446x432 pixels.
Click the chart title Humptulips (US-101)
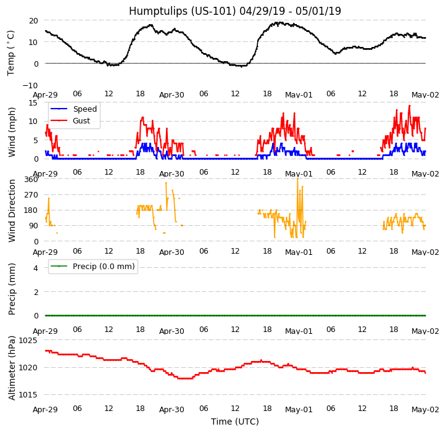pos(234,11)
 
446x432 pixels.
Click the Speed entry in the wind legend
pos(85,109)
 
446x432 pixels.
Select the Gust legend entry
pos(81,120)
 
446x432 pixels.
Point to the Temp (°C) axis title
pos(11,52)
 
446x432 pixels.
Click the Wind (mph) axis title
pos(12,131)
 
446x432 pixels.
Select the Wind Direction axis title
pos(12,210)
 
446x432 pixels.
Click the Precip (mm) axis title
pos(12,288)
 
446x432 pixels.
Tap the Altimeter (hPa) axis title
pos(12,367)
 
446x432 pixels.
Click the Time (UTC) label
pos(234,422)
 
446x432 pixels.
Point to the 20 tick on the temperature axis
pos(33,20)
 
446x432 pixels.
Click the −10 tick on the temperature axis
pos(30,85)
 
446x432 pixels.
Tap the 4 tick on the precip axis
pos(35,268)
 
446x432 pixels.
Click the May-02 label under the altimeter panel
pos(425,410)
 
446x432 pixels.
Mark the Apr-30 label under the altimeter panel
pos(171,410)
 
